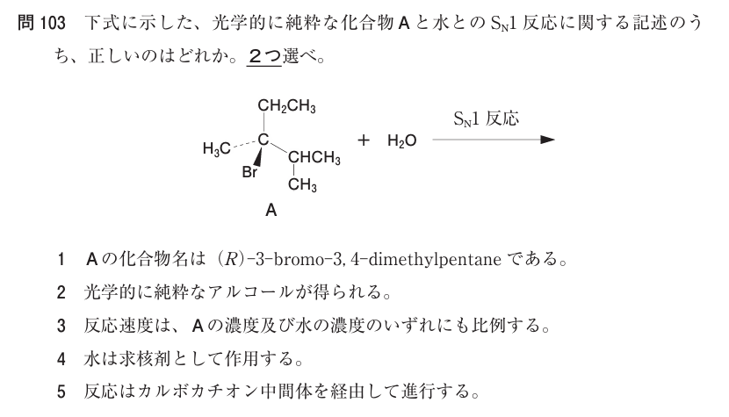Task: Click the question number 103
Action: click(x=53, y=23)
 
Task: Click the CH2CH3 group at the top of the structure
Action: click(x=287, y=106)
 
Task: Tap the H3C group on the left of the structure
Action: click(x=217, y=148)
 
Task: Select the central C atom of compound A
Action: click(x=263, y=139)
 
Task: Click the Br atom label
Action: click(x=249, y=172)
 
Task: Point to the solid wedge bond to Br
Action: click(x=258, y=155)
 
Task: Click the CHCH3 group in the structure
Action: click(x=314, y=158)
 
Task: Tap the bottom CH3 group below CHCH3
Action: click(x=302, y=184)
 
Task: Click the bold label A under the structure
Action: click(x=271, y=211)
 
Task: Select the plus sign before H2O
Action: click(x=364, y=140)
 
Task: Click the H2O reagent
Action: click(x=401, y=140)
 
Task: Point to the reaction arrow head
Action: click(x=548, y=140)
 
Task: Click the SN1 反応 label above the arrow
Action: click(x=486, y=119)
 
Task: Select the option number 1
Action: click(x=61, y=259)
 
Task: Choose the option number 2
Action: click(x=61, y=292)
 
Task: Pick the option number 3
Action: click(x=61, y=326)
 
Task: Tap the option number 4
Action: click(x=61, y=359)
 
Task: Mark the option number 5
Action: click(x=61, y=392)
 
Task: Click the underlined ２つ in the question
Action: click(x=264, y=57)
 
